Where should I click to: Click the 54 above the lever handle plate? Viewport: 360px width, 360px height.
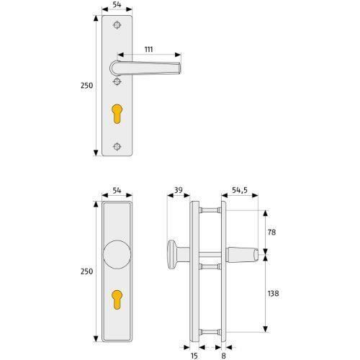click(117, 4)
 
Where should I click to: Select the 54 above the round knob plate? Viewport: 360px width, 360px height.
click(117, 191)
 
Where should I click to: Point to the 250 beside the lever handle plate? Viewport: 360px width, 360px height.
click(85, 85)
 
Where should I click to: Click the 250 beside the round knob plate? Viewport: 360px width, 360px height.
click(85, 272)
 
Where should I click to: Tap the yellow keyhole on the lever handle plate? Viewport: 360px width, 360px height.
click(117, 115)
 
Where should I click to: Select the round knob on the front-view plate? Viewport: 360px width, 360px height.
click(117, 256)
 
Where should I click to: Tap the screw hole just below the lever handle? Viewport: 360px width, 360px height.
click(117, 82)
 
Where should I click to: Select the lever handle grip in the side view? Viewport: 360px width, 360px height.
click(244, 254)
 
